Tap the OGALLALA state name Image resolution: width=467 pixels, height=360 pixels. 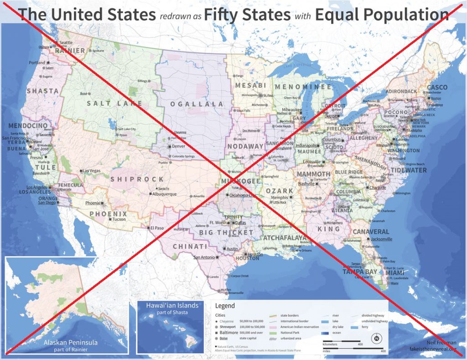click(197, 104)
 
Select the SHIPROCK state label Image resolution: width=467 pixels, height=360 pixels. click(137, 179)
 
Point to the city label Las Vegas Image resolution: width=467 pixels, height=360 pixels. click(91, 171)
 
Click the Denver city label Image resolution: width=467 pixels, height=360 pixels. click(178, 146)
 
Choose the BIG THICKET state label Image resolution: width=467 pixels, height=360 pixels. click(226, 233)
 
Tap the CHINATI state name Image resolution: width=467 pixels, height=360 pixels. click(190, 246)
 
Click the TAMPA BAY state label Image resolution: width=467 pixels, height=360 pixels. click(360, 272)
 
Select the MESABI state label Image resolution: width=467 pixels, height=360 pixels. click(250, 85)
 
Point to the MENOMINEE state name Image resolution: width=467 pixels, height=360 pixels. click(303, 86)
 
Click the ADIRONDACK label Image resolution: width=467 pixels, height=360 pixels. click(401, 91)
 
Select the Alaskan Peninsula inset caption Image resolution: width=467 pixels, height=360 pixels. click(71, 343)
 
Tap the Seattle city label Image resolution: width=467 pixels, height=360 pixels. click(66, 43)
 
